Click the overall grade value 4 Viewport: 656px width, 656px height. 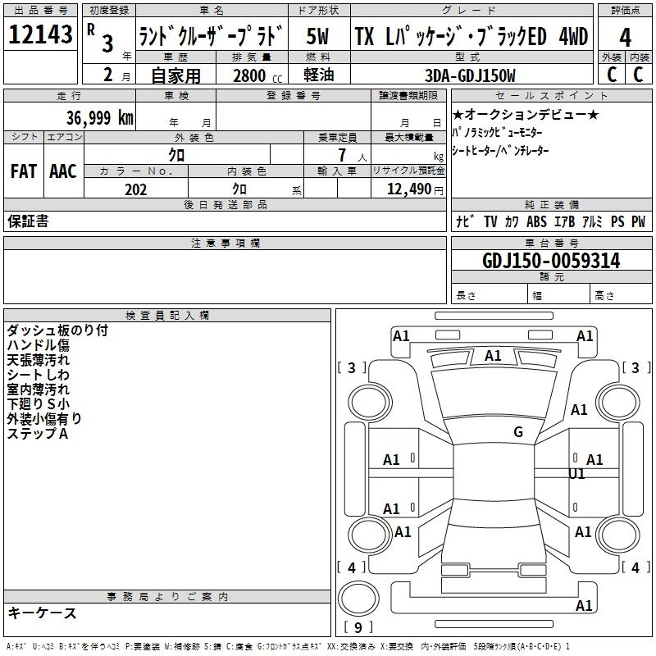tap(625, 37)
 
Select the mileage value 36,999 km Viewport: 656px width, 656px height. tap(100, 118)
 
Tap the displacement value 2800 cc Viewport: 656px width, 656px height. tap(254, 76)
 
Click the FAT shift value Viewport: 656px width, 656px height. tap(23, 171)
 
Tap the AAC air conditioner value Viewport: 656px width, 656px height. tap(63, 171)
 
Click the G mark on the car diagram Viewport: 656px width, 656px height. tap(517, 432)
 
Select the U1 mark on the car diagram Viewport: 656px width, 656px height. tap(577, 474)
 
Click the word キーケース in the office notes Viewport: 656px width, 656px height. tap(43, 613)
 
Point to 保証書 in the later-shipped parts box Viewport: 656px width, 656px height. tap(28, 221)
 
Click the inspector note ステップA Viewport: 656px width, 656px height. tap(38, 434)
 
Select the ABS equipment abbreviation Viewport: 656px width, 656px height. tap(536, 221)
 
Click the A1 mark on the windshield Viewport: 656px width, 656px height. tap(493, 356)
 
